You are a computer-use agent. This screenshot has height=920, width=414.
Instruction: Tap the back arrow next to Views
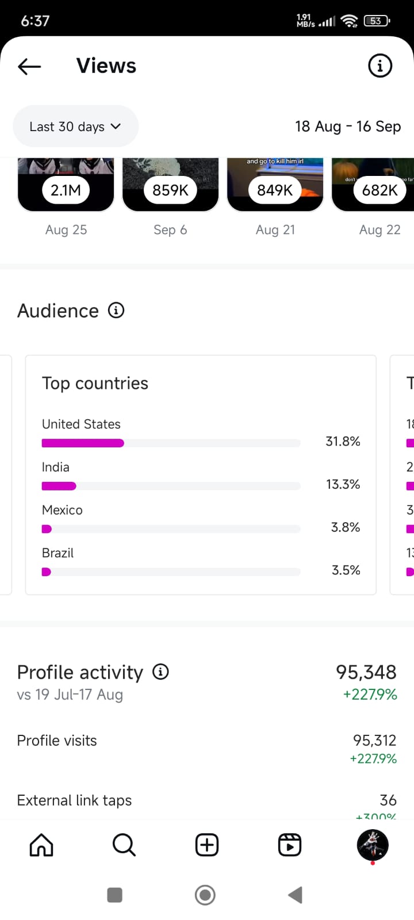[29, 67]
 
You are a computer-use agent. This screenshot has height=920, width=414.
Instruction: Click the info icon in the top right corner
[379, 66]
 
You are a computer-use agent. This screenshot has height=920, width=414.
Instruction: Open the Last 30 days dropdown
[75, 126]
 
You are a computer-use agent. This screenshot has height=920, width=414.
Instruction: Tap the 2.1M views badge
[66, 190]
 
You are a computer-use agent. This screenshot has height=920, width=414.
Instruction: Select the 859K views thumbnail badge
[170, 190]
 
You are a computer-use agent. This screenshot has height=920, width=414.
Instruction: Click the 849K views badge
[275, 190]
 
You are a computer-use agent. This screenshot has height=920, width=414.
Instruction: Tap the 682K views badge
[379, 190]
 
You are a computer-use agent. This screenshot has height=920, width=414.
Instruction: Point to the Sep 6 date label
[170, 230]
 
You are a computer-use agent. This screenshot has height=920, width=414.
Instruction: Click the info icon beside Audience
[116, 310]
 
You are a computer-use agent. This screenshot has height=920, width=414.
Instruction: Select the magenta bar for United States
[83, 443]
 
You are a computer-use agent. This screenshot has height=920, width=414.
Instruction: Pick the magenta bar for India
[59, 486]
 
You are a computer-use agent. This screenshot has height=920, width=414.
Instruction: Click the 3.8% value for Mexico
[346, 527]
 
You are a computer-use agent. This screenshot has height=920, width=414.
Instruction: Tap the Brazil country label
[57, 553]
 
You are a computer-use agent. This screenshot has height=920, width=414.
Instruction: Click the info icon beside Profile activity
[160, 672]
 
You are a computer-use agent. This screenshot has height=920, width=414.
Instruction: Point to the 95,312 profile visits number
[374, 740]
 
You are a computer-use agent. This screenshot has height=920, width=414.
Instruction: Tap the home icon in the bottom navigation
[41, 845]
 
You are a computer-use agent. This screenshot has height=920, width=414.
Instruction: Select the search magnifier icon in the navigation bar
[124, 845]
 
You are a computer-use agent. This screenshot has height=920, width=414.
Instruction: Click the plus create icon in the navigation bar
[207, 845]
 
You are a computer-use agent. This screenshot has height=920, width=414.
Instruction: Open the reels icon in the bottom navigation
[290, 845]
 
